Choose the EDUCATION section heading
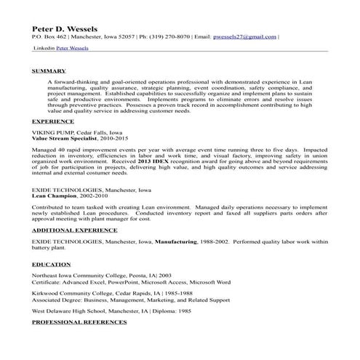tap(51, 264)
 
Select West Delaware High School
tap(74, 310)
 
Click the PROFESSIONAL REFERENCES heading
tap(79, 321)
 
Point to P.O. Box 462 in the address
tap(50, 36)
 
